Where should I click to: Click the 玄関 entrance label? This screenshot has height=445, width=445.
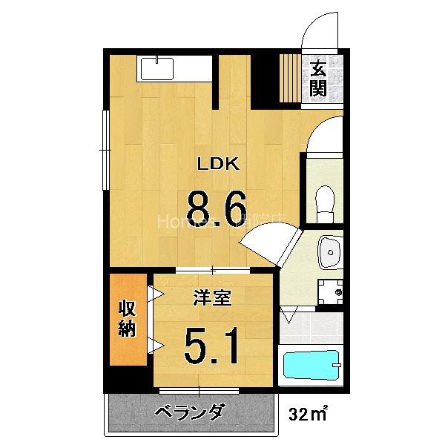click(318, 79)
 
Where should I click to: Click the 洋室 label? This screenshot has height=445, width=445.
click(213, 298)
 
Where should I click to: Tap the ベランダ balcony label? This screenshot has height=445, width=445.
click(190, 413)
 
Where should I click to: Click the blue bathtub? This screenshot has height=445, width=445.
click(311, 366)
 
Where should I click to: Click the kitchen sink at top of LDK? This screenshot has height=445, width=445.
click(156, 69)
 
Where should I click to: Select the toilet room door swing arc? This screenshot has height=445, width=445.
click(323, 135)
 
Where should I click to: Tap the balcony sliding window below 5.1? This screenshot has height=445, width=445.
click(200, 389)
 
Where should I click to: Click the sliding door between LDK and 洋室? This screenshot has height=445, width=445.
click(213, 268)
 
